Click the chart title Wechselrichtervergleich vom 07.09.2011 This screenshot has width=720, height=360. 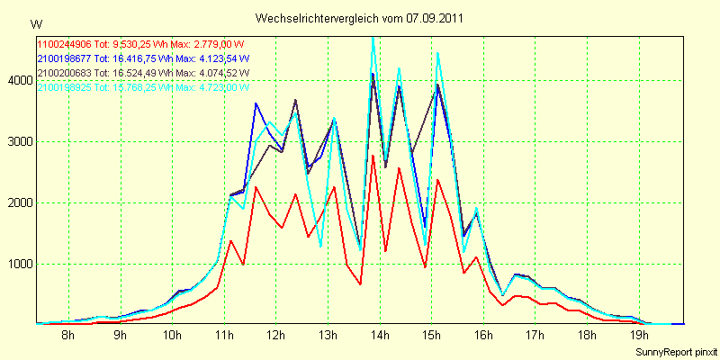coord(360,18)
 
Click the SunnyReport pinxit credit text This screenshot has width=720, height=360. coord(674,351)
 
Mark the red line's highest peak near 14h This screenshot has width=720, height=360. coord(373,156)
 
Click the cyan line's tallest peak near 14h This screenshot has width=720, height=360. coord(373,39)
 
